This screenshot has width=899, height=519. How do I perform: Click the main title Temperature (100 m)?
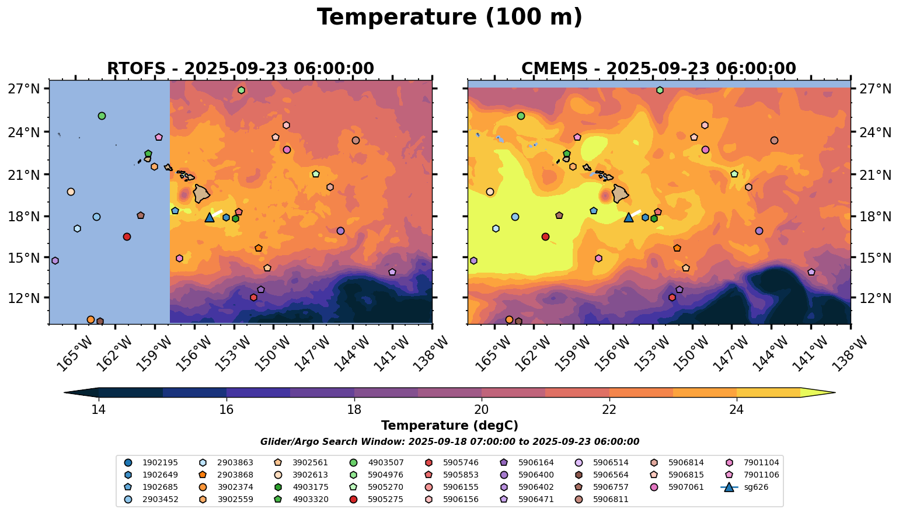click(x=449, y=17)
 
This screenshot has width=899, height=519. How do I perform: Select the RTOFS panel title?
click(x=240, y=69)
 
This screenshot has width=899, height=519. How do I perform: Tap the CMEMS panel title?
click(x=658, y=69)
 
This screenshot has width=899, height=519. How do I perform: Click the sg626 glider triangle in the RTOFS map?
click(x=210, y=217)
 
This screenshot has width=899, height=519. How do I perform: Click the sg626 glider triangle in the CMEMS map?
click(x=628, y=217)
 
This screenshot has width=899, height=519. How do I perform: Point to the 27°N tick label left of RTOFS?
click(x=24, y=89)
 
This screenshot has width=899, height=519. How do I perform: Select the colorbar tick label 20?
click(x=482, y=409)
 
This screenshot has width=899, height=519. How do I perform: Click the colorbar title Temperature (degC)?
click(x=449, y=426)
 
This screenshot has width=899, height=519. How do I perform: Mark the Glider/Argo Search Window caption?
click(x=449, y=442)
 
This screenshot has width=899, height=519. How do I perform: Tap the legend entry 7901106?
click(x=761, y=475)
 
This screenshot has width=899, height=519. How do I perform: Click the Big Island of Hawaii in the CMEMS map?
click(x=621, y=193)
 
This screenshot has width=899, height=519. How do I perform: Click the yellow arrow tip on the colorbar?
click(x=829, y=393)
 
